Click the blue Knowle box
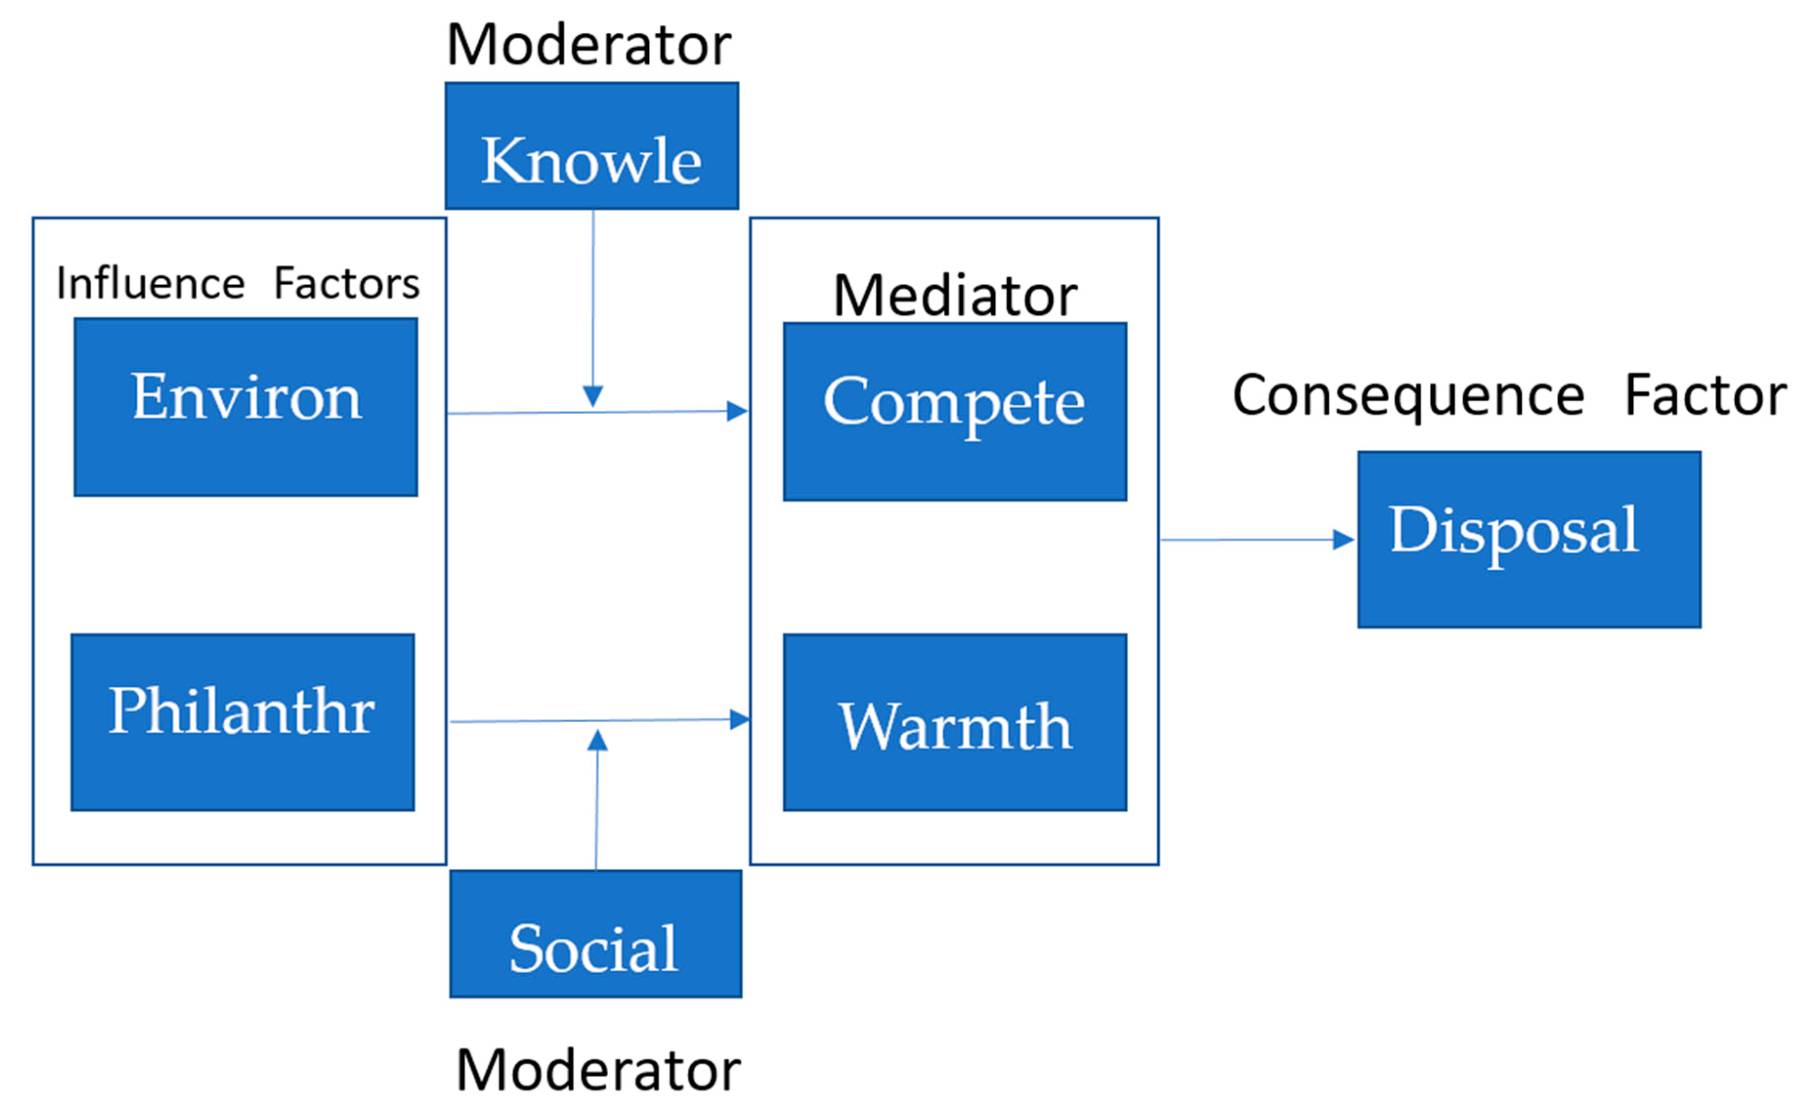pos(591,146)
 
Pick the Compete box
pos(955,411)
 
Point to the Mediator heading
pos(955,296)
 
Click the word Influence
pos(150,284)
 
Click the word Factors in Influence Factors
pos(346,284)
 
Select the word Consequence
pos(1407,397)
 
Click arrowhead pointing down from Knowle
pos(593,396)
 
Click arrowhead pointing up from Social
pos(597,740)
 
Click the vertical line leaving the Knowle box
pos(593,294)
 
